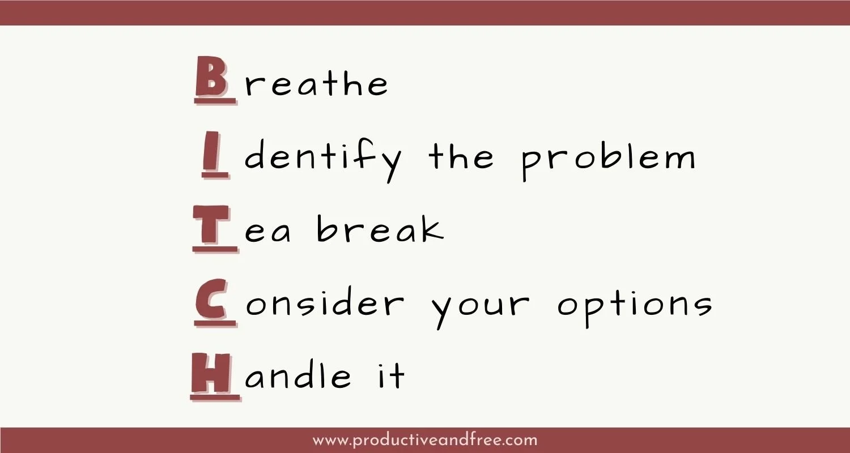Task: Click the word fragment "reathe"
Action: [316, 84]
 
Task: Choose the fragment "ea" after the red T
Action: [268, 233]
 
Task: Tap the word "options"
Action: [635, 306]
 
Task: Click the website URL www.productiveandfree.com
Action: [424, 440]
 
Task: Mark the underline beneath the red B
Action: [215, 102]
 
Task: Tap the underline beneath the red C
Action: [215, 323]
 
